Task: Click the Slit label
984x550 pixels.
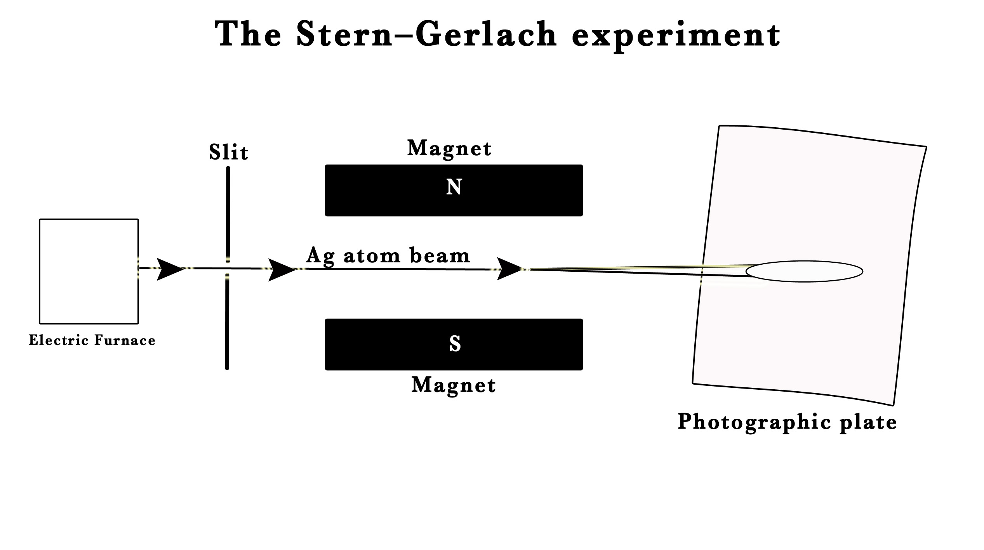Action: click(x=228, y=152)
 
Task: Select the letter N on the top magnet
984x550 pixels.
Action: click(x=454, y=187)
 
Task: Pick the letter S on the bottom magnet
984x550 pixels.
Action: click(x=455, y=344)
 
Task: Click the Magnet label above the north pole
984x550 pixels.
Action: click(x=449, y=149)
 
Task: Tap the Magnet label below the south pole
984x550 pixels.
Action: click(x=454, y=385)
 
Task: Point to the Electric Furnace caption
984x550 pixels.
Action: click(x=92, y=340)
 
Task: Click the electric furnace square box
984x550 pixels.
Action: click(x=89, y=271)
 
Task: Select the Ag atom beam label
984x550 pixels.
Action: click(x=388, y=256)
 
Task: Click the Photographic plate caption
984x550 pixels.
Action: click(x=787, y=422)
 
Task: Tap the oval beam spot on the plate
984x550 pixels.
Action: click(x=804, y=271)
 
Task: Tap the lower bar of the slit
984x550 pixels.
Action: click(x=227, y=322)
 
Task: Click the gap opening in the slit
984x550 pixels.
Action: click(x=228, y=268)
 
